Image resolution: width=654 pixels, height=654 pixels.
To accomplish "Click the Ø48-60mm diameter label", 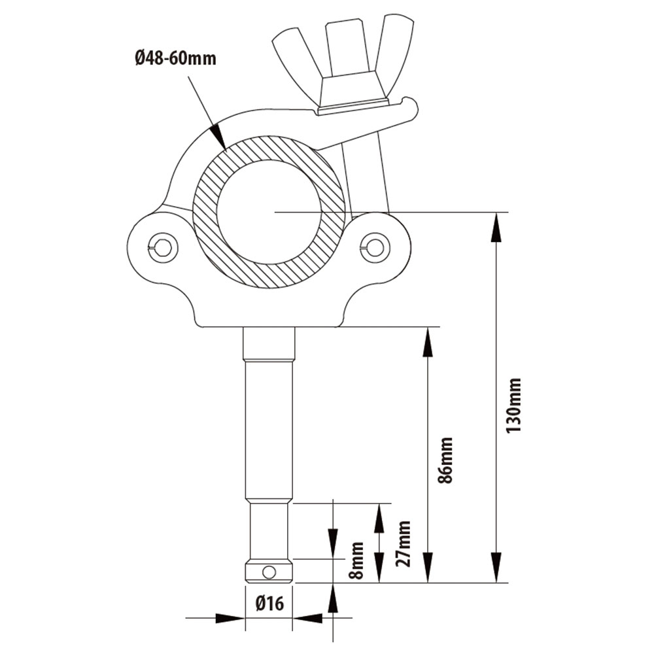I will [175, 59].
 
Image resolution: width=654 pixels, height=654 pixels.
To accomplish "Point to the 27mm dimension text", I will [404, 543].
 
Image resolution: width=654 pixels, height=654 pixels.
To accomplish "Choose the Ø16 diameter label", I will [269, 604].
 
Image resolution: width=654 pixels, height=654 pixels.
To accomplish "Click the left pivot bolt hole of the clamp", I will [162, 247].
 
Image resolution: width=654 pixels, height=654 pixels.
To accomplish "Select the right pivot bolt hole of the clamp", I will [375, 247].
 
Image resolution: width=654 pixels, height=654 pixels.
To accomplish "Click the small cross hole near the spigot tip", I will [269, 572].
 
